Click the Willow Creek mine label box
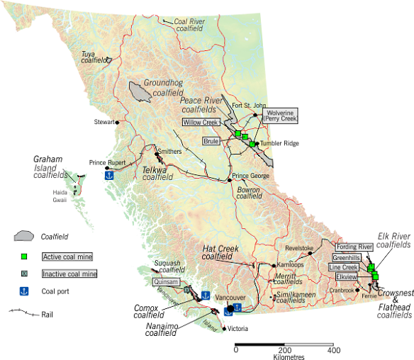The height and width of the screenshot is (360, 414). pyautogui.click(x=201, y=122)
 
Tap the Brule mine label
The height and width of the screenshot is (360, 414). pyautogui.click(x=211, y=141)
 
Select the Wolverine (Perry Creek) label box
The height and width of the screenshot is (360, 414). pyautogui.click(x=281, y=115)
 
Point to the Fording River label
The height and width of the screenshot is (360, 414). pyautogui.click(x=354, y=247)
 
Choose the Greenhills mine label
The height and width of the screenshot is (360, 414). pyautogui.click(x=346, y=257)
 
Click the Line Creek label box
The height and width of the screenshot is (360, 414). pyautogui.click(x=344, y=267)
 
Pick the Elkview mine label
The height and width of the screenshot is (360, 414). pyautogui.click(x=346, y=277)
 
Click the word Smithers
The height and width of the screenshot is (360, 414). pyautogui.click(x=169, y=151)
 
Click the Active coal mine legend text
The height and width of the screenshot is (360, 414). pyautogui.click(x=68, y=257)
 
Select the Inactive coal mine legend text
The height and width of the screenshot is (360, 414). pyautogui.click(x=69, y=274)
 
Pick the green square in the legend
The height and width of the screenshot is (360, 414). pyautogui.click(x=24, y=256)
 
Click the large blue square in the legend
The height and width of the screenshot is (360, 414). pyautogui.click(x=24, y=290)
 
